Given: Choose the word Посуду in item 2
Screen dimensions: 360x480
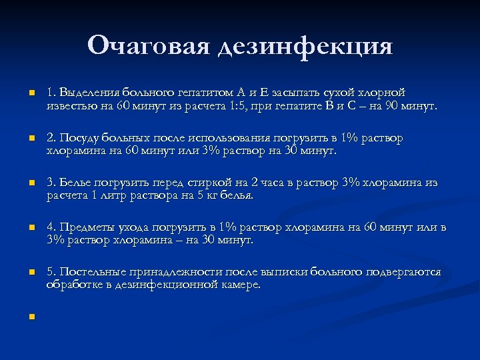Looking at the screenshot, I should pyautogui.click(x=80, y=138).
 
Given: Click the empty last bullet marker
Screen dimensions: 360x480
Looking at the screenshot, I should pyautogui.click(x=31, y=317).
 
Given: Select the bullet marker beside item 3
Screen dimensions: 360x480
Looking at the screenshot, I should pyautogui.click(x=31, y=183).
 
